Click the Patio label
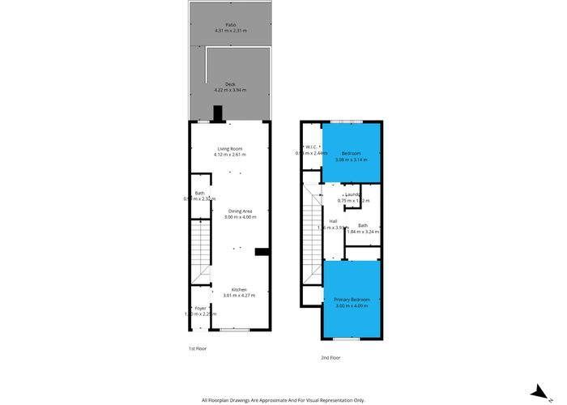coord(230,24)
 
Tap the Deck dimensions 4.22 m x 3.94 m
coord(230,91)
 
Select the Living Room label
coord(230,148)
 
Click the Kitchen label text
coord(239,290)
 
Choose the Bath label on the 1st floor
coord(199,192)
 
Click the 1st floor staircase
coord(200,251)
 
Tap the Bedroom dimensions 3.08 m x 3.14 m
coord(351,160)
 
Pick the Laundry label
coord(352,194)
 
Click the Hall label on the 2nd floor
coord(333,221)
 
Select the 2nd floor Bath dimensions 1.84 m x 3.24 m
coord(363,232)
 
